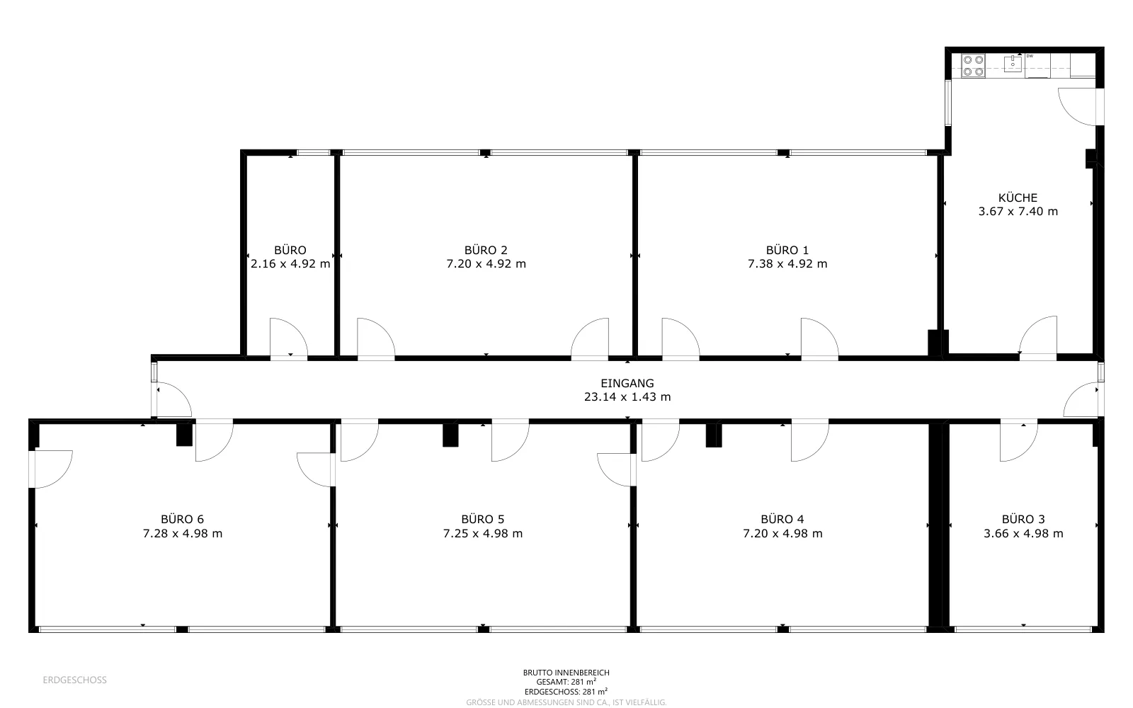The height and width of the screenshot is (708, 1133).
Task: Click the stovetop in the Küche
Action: [x=973, y=66]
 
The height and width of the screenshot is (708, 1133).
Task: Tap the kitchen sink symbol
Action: [x=1013, y=64]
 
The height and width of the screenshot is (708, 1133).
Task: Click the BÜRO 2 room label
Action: [x=486, y=250]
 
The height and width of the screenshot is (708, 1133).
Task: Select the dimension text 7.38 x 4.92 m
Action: [x=787, y=264]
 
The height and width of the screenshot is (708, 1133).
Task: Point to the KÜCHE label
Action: [x=1018, y=198]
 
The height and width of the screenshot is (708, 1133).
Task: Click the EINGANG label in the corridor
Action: [x=627, y=383]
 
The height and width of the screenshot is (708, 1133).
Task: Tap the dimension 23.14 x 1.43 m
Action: [x=627, y=397]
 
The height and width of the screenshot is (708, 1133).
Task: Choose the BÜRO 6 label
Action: [x=182, y=520]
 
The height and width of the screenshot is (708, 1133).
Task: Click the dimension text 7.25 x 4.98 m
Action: [x=483, y=534]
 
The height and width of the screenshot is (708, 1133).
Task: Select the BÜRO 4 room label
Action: [x=782, y=520]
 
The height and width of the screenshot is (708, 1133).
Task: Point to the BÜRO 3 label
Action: [x=1023, y=520]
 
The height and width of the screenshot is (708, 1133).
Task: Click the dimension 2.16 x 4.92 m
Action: [x=290, y=264]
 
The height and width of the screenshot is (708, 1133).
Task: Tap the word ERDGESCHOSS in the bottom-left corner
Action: [x=75, y=680]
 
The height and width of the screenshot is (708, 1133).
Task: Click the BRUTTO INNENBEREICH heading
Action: [x=566, y=673]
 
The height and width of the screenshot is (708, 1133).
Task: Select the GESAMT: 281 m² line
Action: [x=566, y=682]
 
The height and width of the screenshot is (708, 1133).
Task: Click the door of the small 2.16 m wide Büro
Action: [x=289, y=339]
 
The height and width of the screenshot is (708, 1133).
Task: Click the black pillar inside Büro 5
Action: [x=450, y=435]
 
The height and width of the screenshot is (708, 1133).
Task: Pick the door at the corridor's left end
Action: [x=172, y=399]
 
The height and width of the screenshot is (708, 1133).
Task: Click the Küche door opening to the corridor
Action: [x=1038, y=337]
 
